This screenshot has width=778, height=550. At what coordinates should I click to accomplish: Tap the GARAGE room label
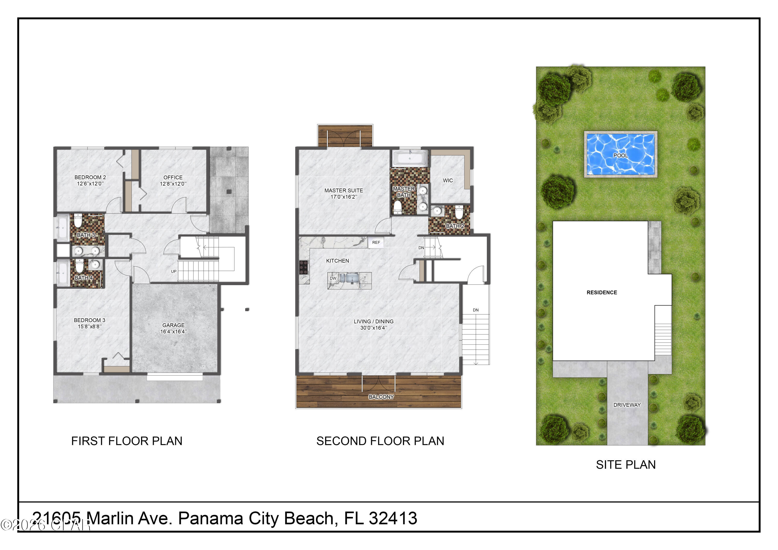click(173, 325)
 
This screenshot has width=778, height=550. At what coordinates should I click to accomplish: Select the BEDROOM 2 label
click(90, 177)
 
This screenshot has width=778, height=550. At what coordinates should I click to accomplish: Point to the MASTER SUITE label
click(343, 190)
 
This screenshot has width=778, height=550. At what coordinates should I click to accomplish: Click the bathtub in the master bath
click(410, 158)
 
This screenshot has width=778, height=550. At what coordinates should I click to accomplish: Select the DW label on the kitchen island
click(333, 278)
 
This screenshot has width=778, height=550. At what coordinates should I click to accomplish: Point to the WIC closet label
click(448, 181)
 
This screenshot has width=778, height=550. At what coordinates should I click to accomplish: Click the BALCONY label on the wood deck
click(381, 397)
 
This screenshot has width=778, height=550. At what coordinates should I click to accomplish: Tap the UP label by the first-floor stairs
click(173, 271)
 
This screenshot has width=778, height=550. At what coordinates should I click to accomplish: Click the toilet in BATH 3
click(78, 221)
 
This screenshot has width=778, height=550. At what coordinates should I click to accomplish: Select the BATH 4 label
click(83, 278)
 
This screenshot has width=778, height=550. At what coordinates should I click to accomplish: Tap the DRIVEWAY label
click(627, 405)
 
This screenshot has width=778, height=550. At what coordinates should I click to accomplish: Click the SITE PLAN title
click(626, 465)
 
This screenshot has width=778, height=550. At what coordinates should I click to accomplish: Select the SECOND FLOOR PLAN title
click(380, 441)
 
